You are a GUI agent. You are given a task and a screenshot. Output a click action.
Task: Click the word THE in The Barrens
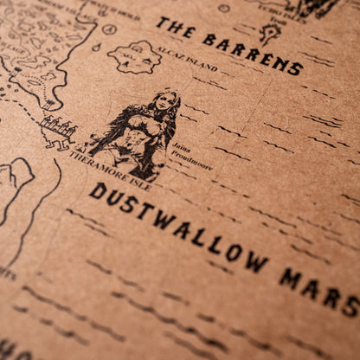click(174, 29)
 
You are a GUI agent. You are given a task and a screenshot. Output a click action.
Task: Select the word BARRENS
click(252, 53)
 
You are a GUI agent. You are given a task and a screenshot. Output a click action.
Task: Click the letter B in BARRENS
click(209, 39)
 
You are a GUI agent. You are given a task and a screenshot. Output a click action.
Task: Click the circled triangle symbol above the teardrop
click(110, 28)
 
